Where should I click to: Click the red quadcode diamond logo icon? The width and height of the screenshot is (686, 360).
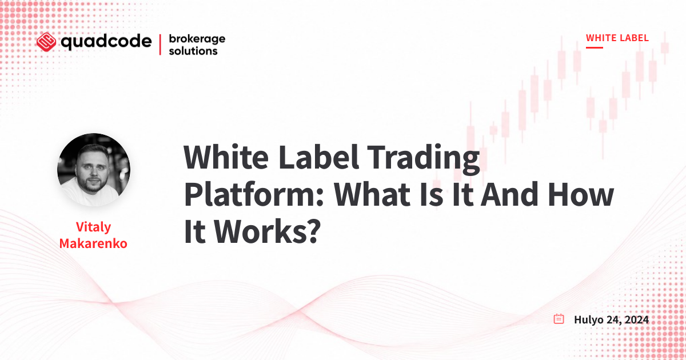46,42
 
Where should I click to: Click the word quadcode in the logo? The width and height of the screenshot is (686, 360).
106,42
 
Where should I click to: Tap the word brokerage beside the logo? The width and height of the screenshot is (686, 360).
197,39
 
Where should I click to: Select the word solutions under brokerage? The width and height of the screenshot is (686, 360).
193,51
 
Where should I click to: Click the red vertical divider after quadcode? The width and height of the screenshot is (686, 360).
160,45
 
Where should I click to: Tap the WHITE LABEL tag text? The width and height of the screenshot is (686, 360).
617,38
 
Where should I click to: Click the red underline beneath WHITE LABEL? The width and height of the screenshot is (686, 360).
595,47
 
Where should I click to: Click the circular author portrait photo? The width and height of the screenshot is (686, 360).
94,170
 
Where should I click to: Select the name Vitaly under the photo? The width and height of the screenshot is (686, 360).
93,227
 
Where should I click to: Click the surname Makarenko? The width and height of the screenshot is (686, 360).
93,243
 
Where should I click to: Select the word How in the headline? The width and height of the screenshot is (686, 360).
581,195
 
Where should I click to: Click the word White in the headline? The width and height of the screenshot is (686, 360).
226,158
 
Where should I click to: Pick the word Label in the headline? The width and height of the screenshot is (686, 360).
318,157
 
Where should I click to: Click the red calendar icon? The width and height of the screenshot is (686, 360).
559,319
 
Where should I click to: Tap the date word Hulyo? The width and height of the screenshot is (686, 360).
588,320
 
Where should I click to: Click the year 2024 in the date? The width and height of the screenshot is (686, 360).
636,319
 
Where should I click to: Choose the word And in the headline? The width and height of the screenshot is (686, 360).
509,194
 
